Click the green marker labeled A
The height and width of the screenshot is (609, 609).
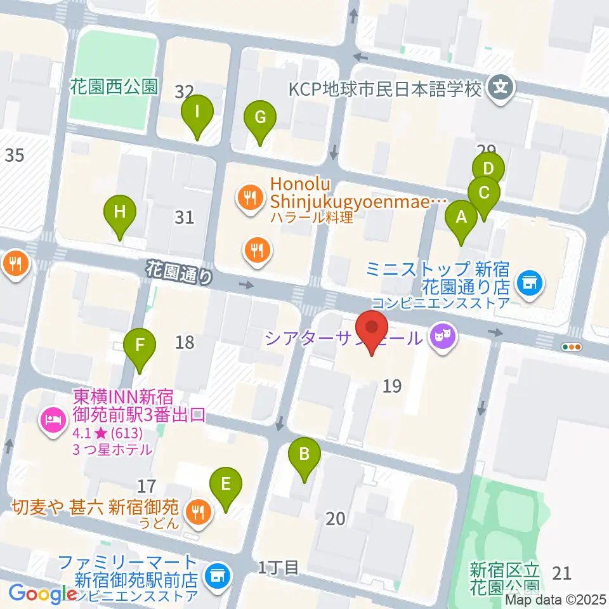click(461, 219)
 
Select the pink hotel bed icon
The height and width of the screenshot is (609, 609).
click(51, 419)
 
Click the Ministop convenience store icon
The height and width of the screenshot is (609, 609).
click(528, 280)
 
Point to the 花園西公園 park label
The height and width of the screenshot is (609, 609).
click(114, 87)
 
